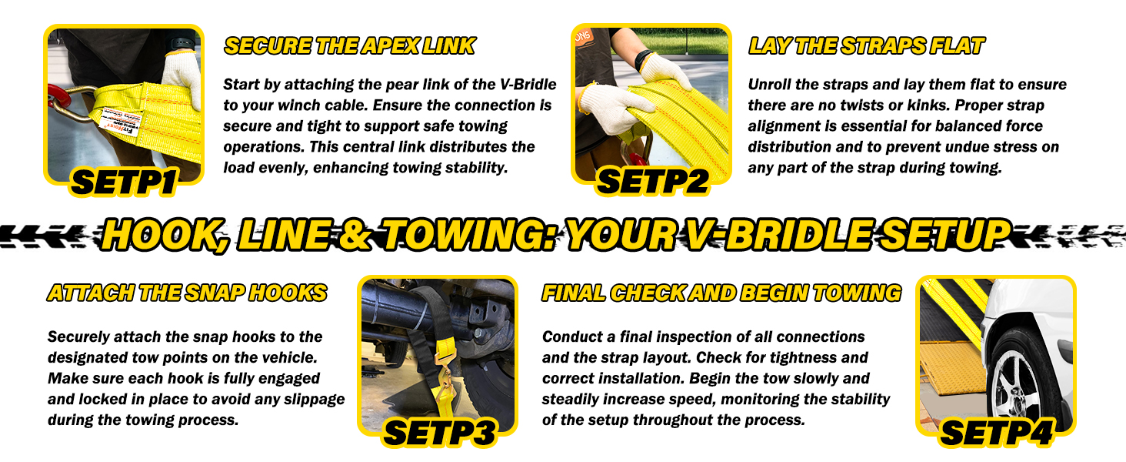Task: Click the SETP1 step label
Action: pos(124,182)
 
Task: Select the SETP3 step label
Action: pos(440,433)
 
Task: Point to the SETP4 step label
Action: pos(997,433)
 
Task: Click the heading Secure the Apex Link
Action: pos(349,45)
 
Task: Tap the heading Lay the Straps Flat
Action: pos(866,45)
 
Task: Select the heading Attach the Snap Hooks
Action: pos(187,293)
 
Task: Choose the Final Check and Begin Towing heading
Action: pos(721,293)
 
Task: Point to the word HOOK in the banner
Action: pos(164,236)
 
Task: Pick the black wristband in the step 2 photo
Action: pos(642,60)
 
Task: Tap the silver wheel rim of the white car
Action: pos(1011,387)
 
